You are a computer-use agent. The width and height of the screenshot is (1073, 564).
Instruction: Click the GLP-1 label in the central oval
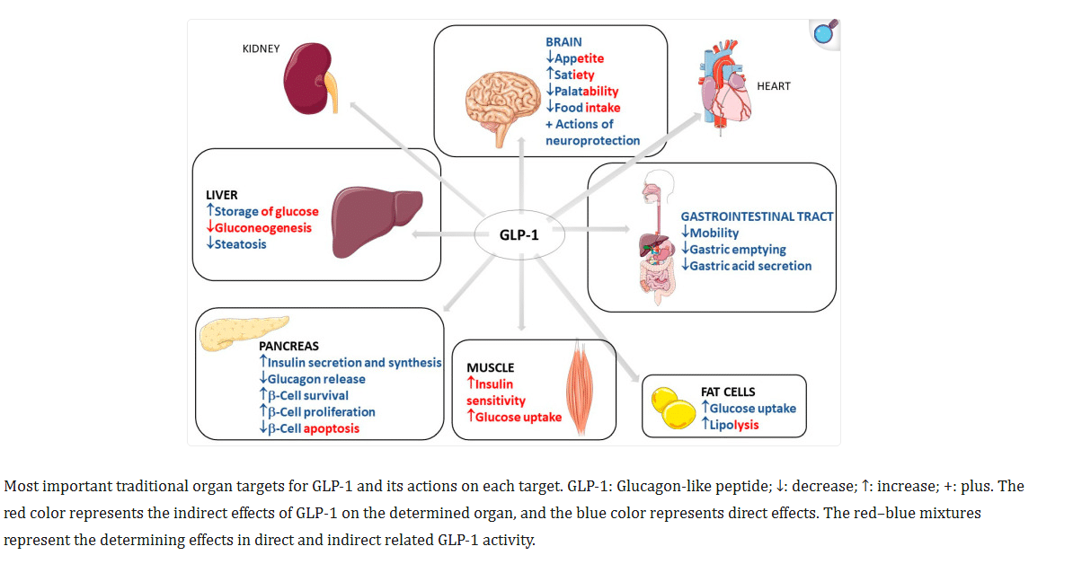(x=519, y=236)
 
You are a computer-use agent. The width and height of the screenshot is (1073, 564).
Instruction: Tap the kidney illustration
(x=309, y=81)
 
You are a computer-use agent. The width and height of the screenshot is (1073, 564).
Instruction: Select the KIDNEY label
(x=262, y=48)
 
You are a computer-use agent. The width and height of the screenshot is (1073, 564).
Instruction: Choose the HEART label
(x=774, y=86)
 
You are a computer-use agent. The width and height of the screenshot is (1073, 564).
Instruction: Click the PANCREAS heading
(x=288, y=346)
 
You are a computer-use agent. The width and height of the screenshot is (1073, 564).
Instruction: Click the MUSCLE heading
(x=490, y=368)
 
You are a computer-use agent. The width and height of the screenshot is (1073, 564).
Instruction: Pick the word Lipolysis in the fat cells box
(x=735, y=424)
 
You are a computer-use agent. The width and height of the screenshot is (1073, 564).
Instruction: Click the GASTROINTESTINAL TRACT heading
(x=757, y=216)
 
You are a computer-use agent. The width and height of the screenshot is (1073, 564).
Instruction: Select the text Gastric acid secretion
(x=751, y=266)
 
